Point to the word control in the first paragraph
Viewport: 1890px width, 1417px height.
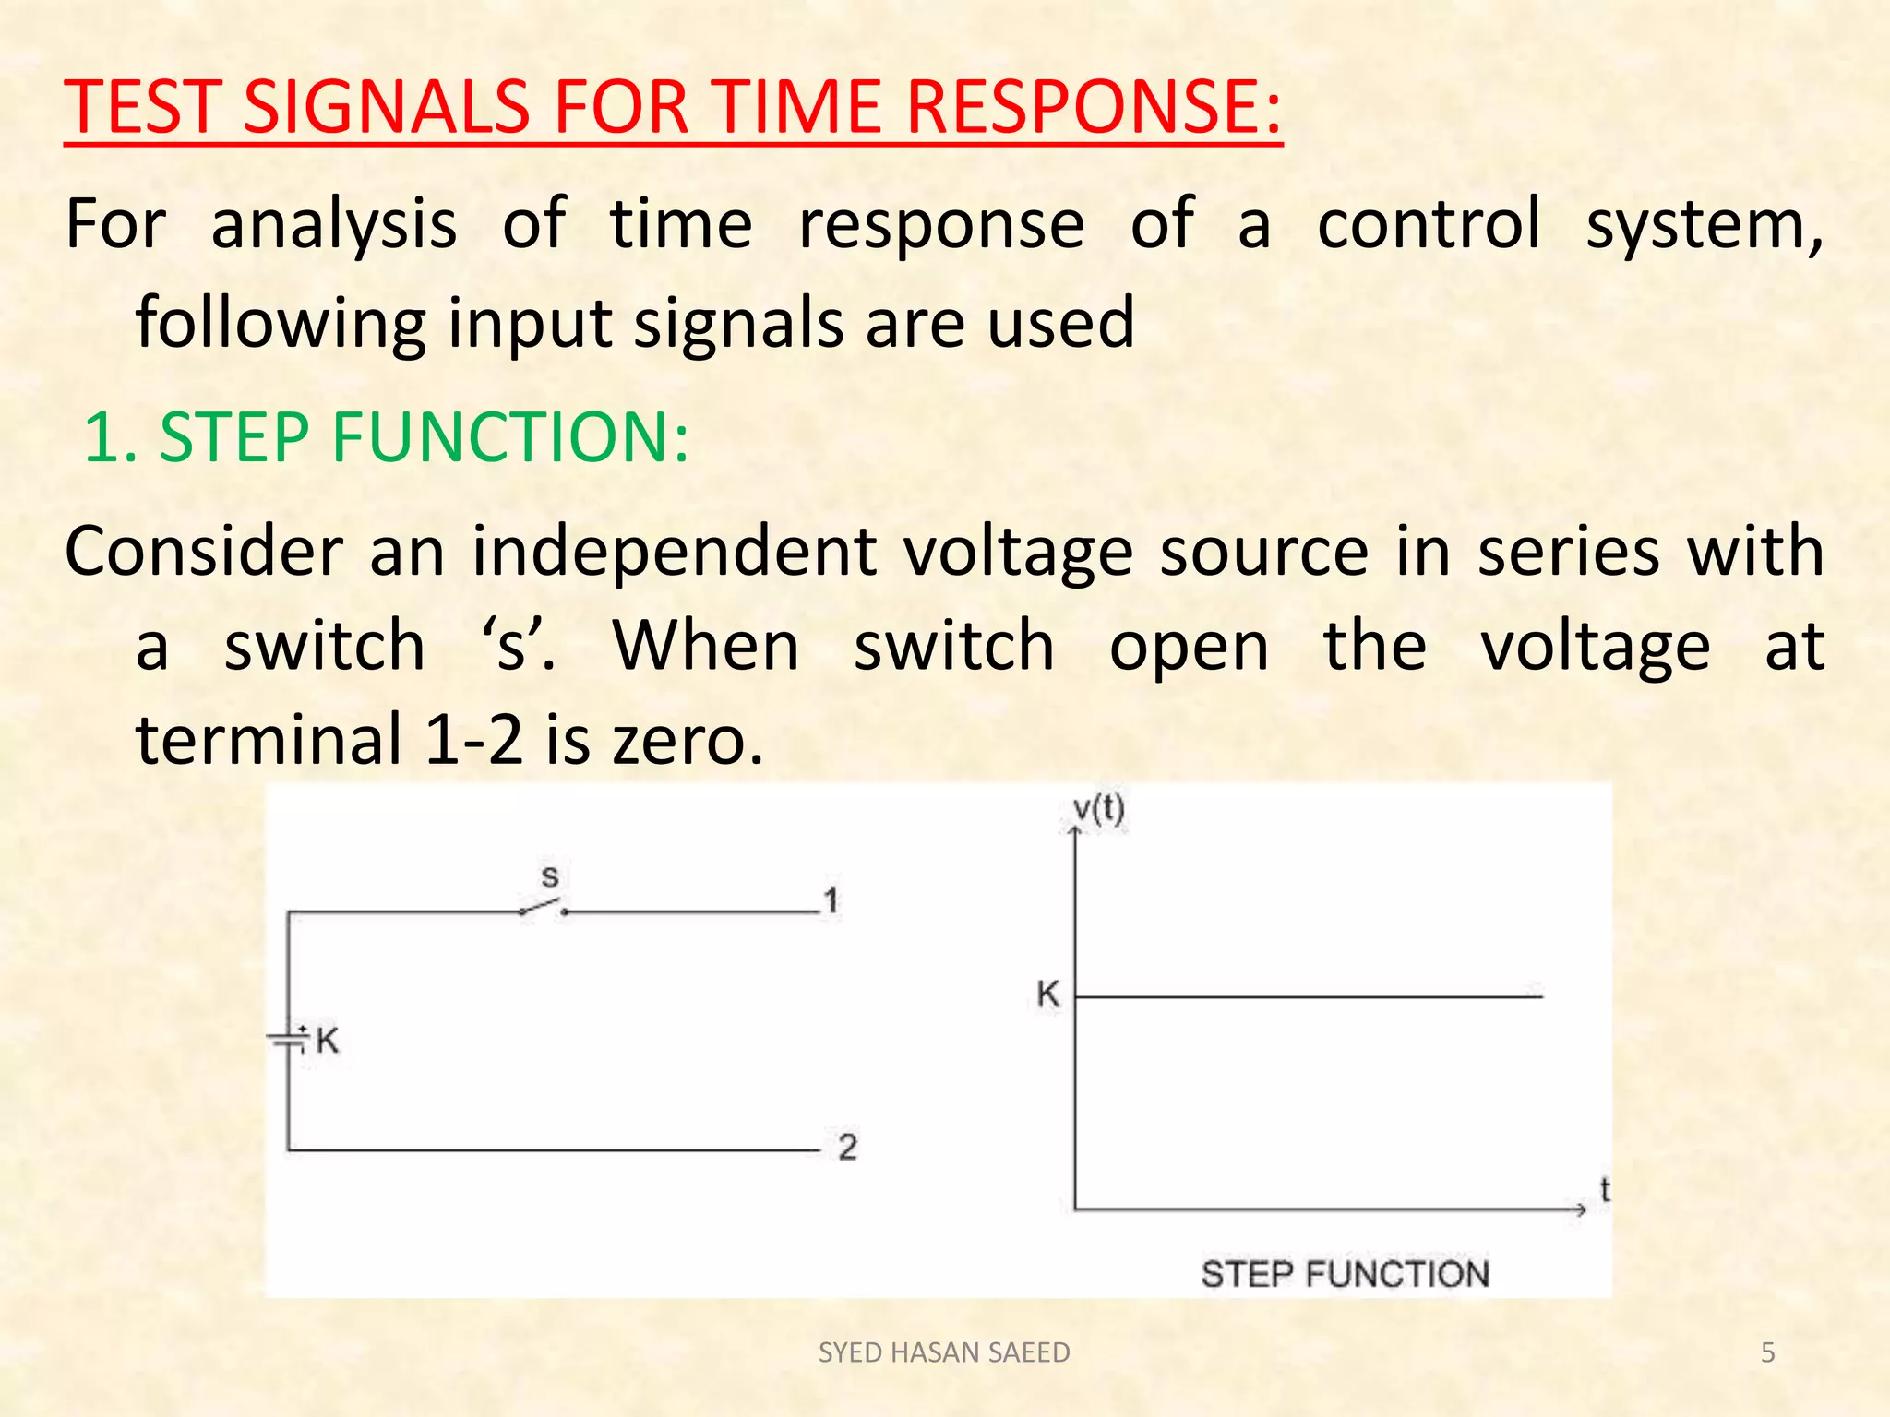click(1429, 224)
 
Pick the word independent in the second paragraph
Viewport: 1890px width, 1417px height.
click(674, 552)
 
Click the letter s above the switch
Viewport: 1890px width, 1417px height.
click(550, 875)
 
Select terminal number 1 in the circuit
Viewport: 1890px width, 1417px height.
click(831, 899)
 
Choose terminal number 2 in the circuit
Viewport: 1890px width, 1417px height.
click(847, 1147)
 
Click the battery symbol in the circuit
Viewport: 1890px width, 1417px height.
click(288, 1041)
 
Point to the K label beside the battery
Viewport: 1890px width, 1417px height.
click(328, 1042)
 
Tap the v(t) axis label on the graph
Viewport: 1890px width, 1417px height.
click(1098, 810)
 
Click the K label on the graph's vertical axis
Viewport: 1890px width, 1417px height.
click(1047, 994)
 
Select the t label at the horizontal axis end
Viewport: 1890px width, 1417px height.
click(1605, 1189)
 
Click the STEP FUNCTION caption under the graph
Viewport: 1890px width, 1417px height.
click(1345, 1274)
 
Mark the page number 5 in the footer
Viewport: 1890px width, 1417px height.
click(1767, 1352)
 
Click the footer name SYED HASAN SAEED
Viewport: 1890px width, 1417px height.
click(944, 1352)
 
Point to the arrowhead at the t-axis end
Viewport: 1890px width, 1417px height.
click(1580, 1209)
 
